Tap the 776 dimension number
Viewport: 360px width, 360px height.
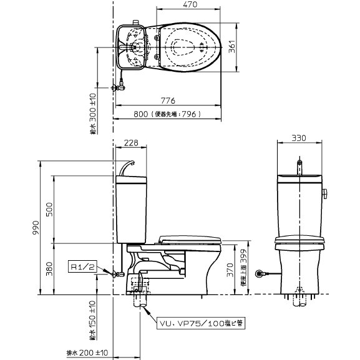pos(168,100)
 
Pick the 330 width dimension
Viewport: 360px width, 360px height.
pos(301,138)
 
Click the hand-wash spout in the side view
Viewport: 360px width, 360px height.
pos(128,166)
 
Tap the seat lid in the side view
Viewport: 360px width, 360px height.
pos(190,239)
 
